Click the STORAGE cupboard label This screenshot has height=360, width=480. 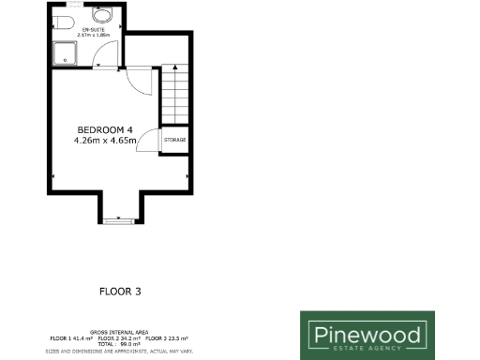click(x=174, y=140)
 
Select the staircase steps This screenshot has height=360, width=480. click(x=175, y=94)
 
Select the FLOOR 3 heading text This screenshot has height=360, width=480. click(x=120, y=292)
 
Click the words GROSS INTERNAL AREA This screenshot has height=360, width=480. click(x=120, y=332)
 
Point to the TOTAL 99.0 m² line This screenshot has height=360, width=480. click(x=120, y=343)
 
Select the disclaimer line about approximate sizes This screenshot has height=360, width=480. click(x=120, y=351)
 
